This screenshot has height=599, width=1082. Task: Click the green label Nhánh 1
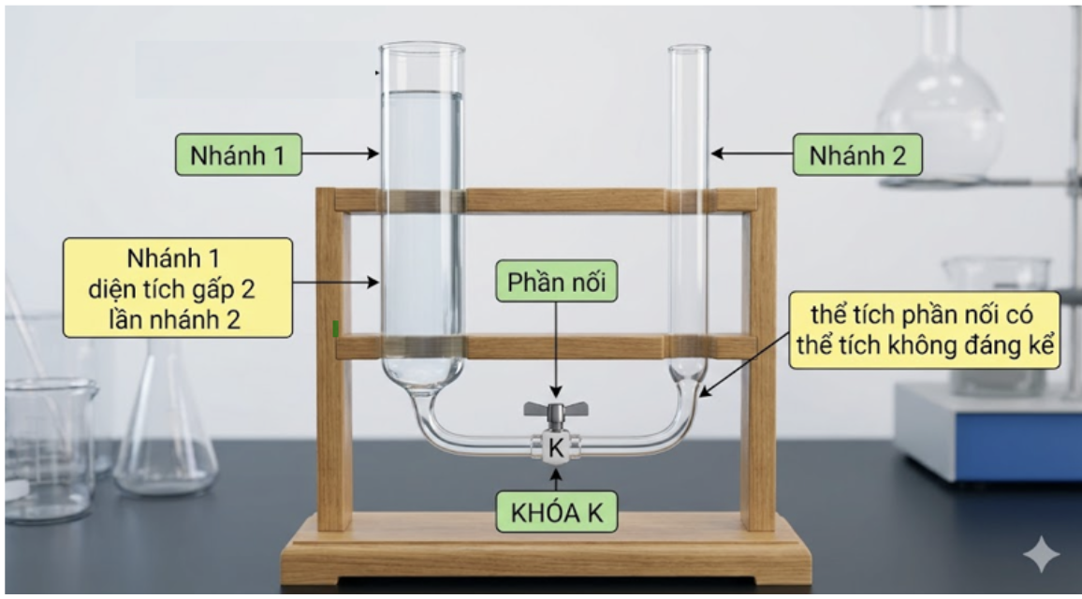238,154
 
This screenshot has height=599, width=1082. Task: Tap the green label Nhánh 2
857,154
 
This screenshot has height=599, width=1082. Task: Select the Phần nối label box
556,281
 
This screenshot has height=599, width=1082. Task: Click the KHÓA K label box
556,512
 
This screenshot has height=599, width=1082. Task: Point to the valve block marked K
555,447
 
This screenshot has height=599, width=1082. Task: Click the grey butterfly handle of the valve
555,410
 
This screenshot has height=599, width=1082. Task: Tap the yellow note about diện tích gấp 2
178,287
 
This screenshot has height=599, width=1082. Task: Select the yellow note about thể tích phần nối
925,329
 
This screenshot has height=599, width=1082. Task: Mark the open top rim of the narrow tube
689,49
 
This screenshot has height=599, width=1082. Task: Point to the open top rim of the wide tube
421,47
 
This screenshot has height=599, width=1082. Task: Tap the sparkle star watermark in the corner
1041,553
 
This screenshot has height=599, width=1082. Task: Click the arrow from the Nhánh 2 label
752,153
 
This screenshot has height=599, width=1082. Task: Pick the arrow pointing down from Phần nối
556,350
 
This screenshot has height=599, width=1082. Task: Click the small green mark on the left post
335,329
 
